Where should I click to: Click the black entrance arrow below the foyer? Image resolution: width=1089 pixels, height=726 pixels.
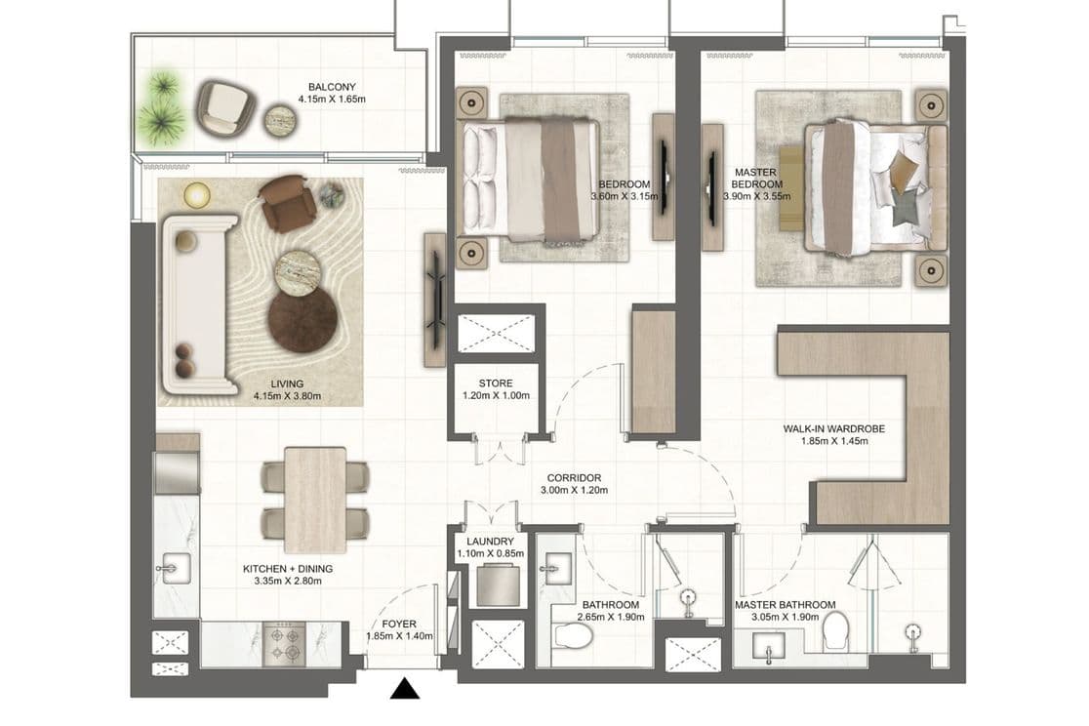[x=404, y=690]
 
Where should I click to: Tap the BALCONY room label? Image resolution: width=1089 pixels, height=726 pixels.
[x=325, y=86]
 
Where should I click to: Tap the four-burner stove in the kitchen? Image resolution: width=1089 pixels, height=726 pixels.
[x=285, y=643]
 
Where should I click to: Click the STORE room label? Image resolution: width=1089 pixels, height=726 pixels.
[x=495, y=383]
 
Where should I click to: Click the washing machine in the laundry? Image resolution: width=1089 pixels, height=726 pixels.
[x=498, y=586]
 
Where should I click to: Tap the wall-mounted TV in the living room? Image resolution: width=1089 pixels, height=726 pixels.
[x=434, y=300]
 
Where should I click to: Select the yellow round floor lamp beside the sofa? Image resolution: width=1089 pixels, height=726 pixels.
[x=196, y=195]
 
